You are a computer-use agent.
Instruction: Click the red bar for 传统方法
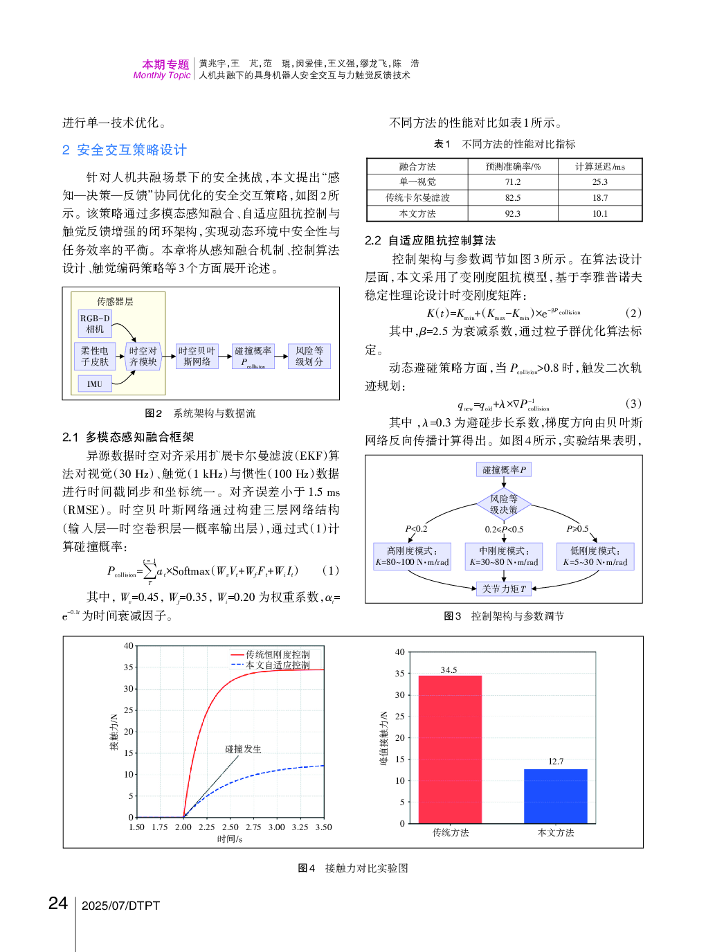450,749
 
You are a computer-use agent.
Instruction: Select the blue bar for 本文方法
555,796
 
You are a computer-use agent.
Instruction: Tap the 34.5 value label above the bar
449,670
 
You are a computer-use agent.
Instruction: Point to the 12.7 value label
556,762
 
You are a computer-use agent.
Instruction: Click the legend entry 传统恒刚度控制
278,654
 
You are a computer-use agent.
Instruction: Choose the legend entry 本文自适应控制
278,665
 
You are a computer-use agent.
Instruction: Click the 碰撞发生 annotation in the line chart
243,749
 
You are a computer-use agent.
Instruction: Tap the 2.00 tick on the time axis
183,827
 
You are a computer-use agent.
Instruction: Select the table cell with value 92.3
513,214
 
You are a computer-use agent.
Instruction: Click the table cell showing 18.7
600,198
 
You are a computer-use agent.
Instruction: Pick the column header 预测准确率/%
513,167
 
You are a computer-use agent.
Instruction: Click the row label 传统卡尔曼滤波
417,198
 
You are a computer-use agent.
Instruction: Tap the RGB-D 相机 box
95,324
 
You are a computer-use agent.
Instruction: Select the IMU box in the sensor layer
95,384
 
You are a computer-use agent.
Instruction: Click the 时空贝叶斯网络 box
197,356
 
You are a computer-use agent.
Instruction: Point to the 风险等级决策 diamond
504,504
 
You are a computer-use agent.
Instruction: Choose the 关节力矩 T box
504,589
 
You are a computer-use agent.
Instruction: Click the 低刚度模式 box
595,556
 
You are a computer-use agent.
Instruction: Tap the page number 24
58,904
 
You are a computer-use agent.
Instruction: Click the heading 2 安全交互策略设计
125,150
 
